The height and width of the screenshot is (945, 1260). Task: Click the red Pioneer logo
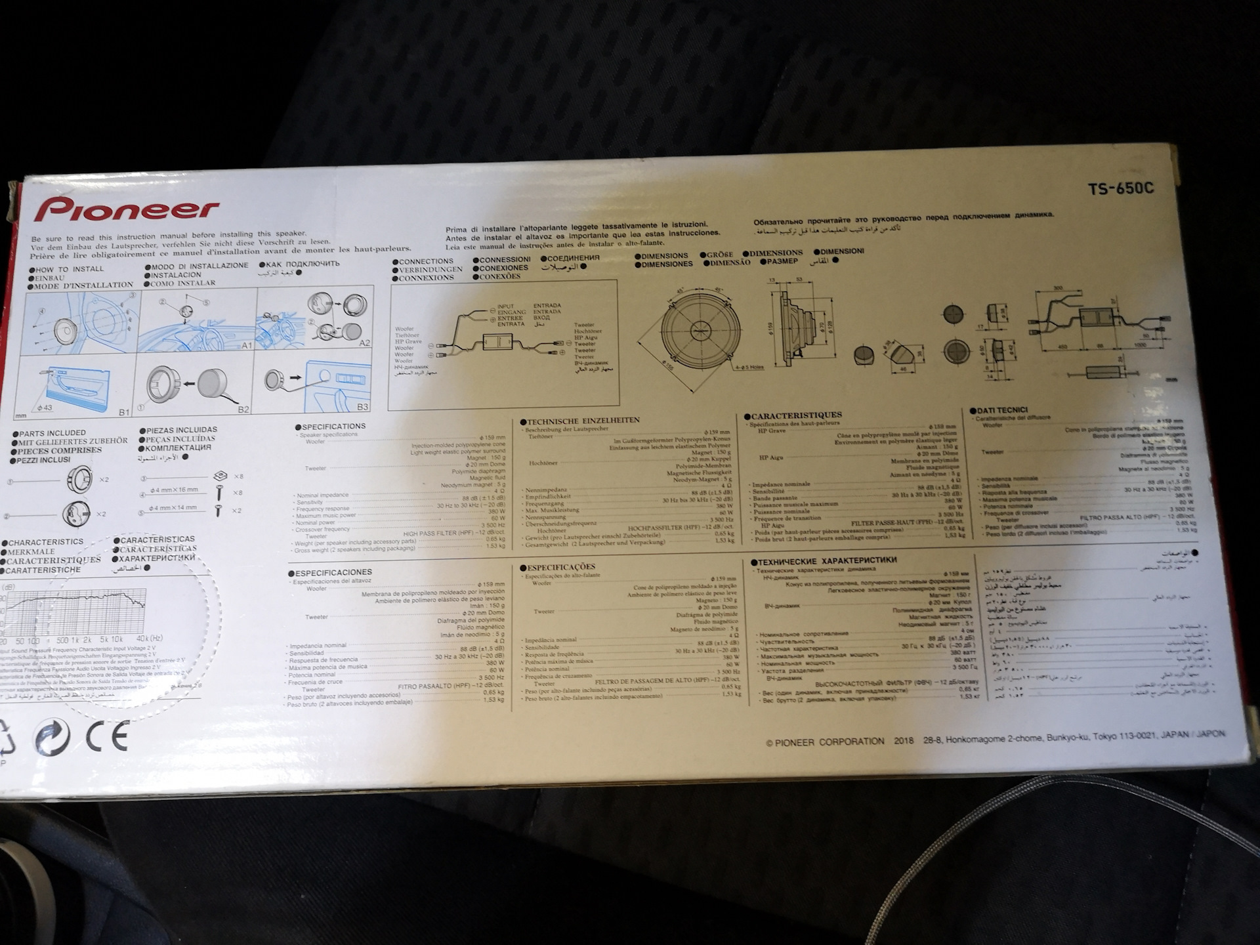(127, 210)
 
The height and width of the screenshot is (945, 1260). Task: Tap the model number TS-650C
(1120, 189)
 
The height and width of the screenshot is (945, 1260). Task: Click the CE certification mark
(107, 736)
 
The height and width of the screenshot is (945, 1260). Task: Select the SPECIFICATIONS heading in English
(333, 427)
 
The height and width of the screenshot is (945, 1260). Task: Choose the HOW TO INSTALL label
(69, 269)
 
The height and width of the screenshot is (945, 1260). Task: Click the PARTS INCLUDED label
(52, 433)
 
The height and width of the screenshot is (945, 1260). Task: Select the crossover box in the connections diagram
(497, 343)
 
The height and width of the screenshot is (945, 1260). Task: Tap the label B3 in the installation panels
(362, 407)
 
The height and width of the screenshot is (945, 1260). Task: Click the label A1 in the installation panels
(247, 345)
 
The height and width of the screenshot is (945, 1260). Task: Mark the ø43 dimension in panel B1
(44, 408)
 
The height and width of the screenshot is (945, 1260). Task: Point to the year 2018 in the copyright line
(903, 741)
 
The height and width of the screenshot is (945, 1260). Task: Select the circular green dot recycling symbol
(53, 736)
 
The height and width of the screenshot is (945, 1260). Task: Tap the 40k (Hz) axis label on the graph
(150, 639)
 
